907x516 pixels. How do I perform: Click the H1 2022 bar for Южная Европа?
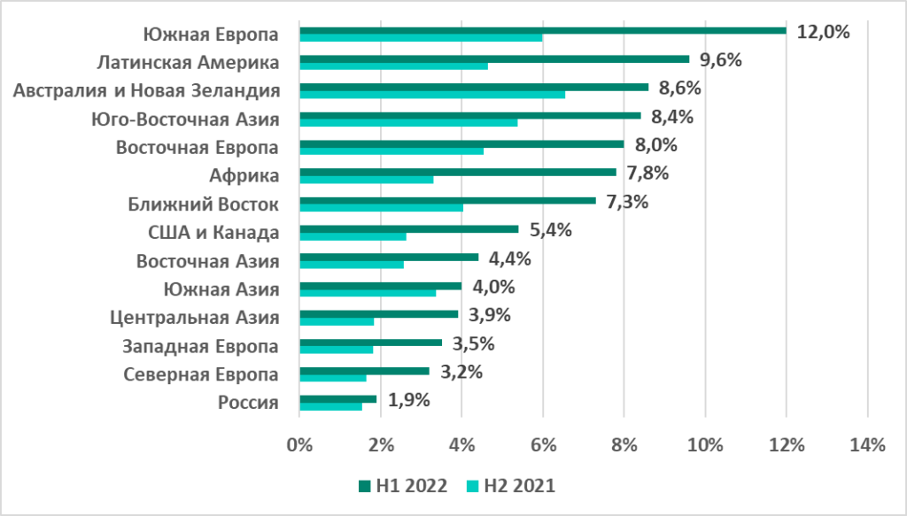coord(542,30)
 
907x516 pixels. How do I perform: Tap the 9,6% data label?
coord(720,61)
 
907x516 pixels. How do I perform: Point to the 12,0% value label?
coord(823,33)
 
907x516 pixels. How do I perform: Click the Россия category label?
coord(249,403)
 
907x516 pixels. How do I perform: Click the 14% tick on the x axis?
coord(866,446)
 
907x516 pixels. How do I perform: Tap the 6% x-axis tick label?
coord(542,446)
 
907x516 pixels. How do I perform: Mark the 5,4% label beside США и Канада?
coord(550,231)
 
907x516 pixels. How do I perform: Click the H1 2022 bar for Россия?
coord(338,398)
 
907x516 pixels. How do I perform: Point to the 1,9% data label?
coord(408,400)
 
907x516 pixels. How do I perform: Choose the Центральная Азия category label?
coord(195,318)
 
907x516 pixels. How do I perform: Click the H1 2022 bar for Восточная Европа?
coord(461,143)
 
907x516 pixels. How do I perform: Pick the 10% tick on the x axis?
coord(704,446)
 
